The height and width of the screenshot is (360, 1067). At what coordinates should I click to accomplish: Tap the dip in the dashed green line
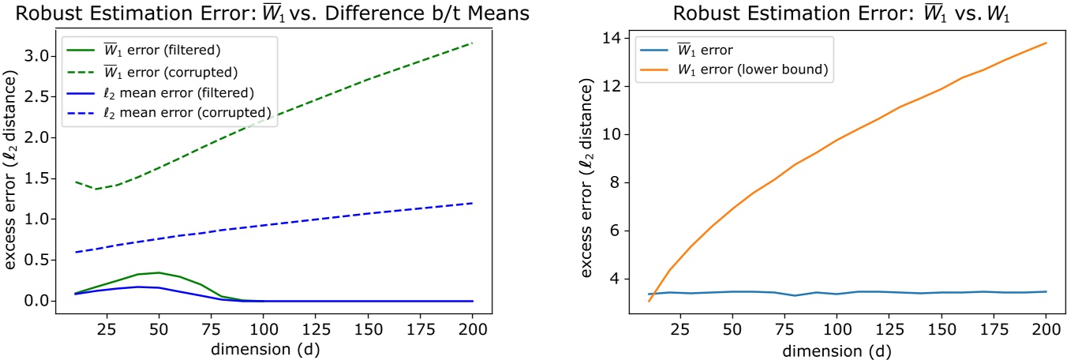[96, 189]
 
